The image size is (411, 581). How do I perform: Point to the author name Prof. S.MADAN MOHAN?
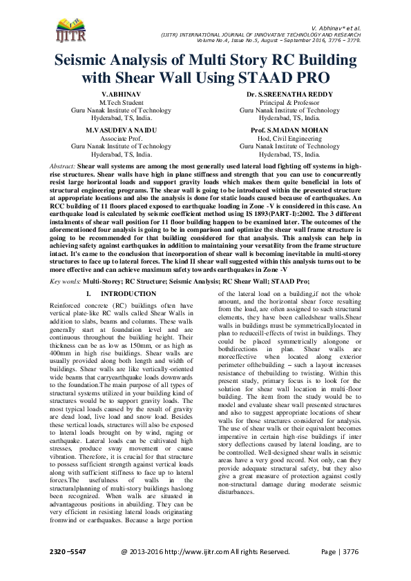(289, 130)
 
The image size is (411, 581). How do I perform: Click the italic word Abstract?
(63, 167)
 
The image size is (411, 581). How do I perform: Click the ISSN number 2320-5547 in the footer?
(66, 552)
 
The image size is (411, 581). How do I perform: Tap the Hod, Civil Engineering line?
(289, 138)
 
